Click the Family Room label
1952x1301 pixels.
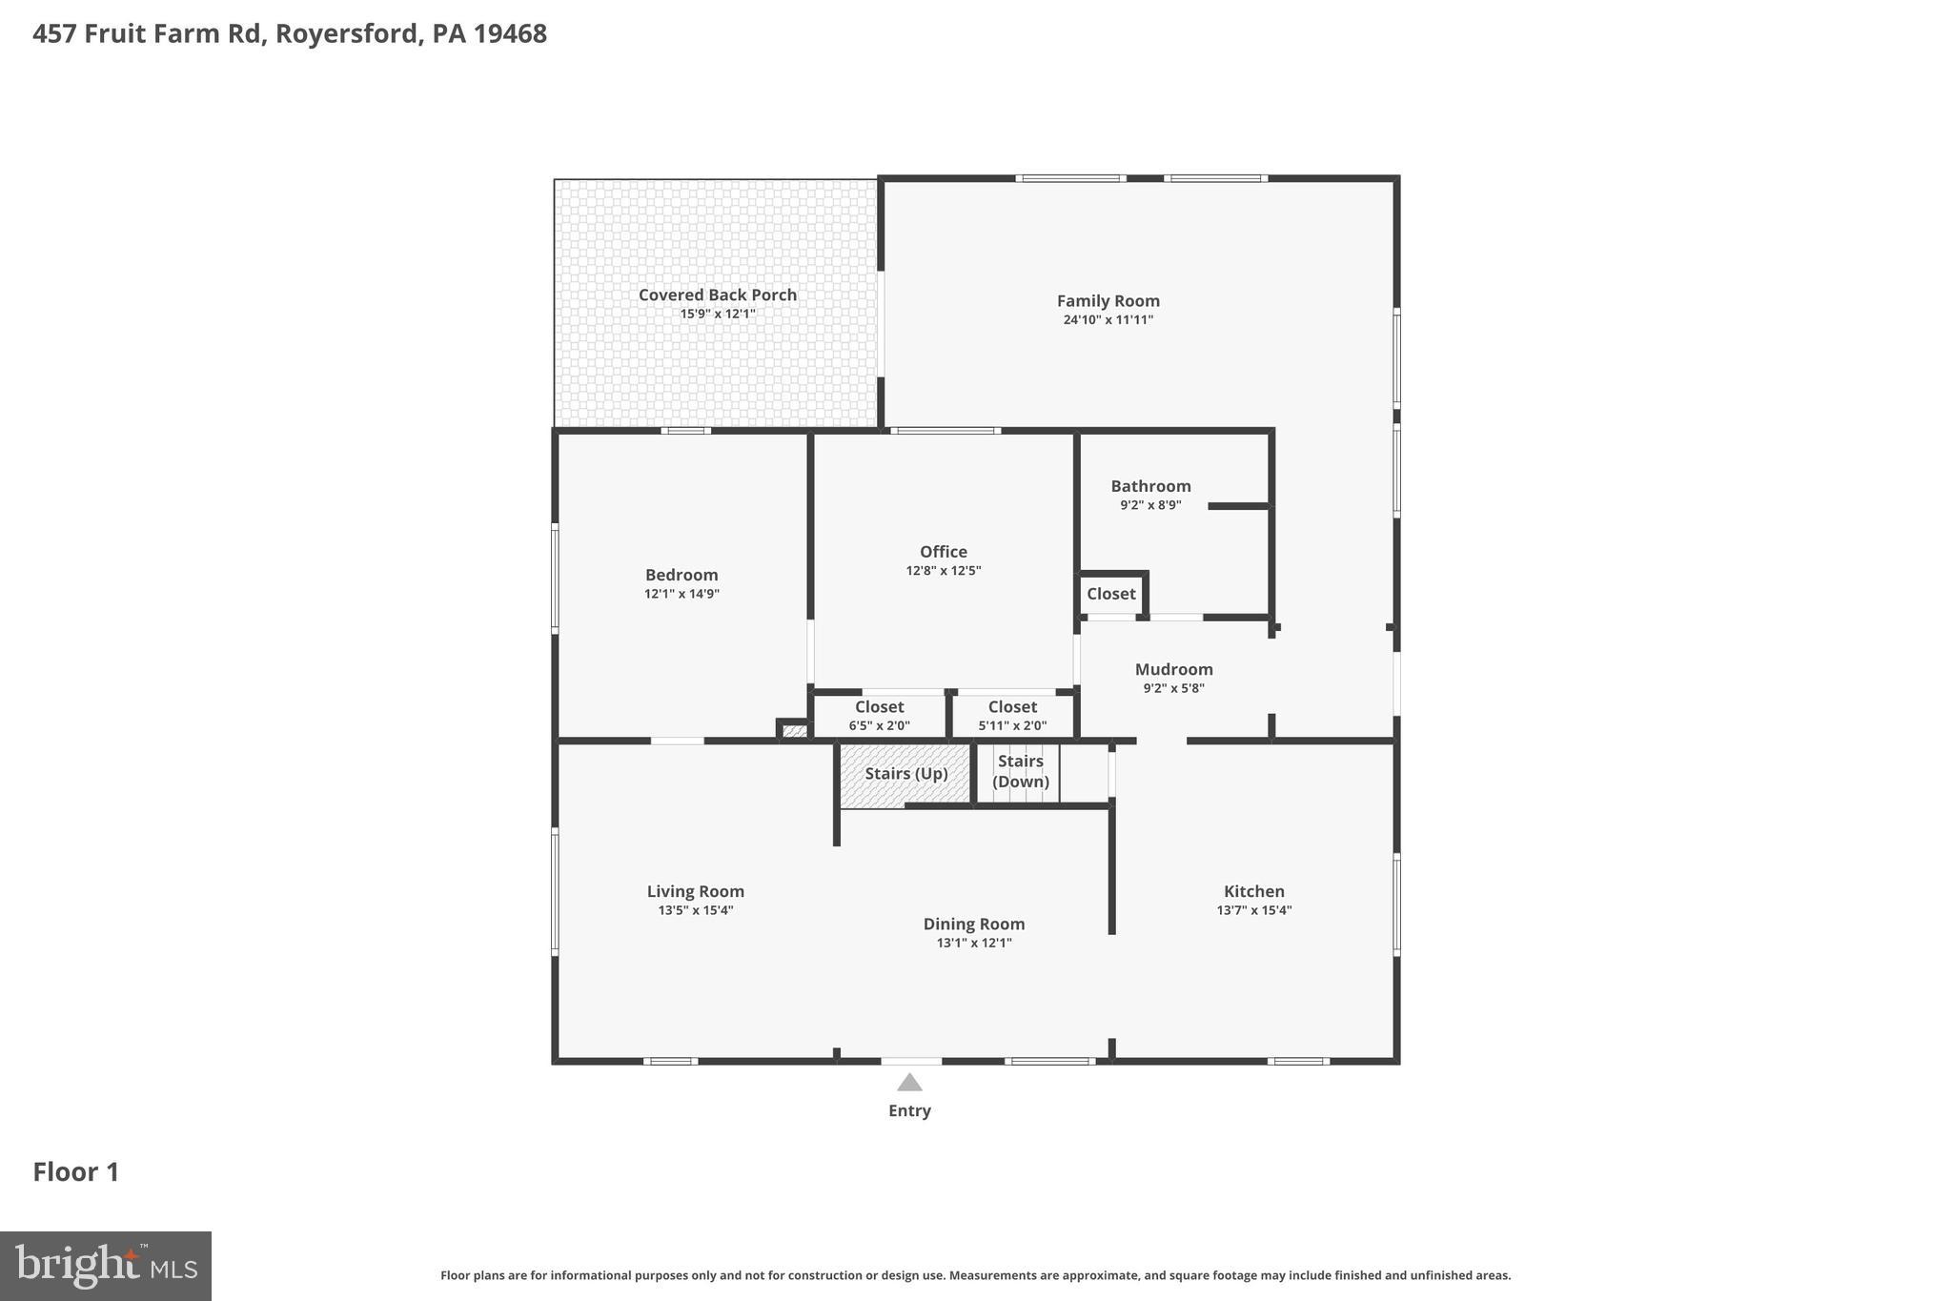pyautogui.click(x=1108, y=301)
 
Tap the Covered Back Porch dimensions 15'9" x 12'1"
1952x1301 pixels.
pyautogui.click(x=717, y=314)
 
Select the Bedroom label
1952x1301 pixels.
pyautogui.click(x=681, y=575)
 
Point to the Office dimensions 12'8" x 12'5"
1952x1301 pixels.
pyautogui.click(x=943, y=571)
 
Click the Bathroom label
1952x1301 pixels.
pyautogui.click(x=1150, y=486)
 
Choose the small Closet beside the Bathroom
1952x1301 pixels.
pyautogui.click(x=1110, y=594)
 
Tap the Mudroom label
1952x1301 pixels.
pyautogui.click(x=1173, y=669)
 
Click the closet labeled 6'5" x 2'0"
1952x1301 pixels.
pyautogui.click(x=879, y=716)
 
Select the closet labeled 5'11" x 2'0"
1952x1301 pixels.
pyautogui.click(x=1012, y=716)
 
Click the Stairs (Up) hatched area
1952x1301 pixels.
pyautogui.click(x=905, y=774)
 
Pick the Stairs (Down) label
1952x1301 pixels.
pyautogui.click(x=1020, y=771)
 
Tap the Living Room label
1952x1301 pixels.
pyautogui.click(x=695, y=891)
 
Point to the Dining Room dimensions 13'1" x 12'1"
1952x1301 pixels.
pyautogui.click(x=973, y=944)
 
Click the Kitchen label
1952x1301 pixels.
pyautogui.click(x=1253, y=891)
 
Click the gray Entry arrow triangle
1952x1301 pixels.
pyautogui.click(x=909, y=1083)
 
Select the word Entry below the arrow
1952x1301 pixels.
pyautogui.click(x=909, y=1110)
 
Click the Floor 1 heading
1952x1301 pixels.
pyautogui.click(x=76, y=1171)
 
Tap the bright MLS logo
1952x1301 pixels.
pyautogui.click(x=106, y=1266)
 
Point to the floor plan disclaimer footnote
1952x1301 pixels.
pyautogui.click(x=975, y=1275)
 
